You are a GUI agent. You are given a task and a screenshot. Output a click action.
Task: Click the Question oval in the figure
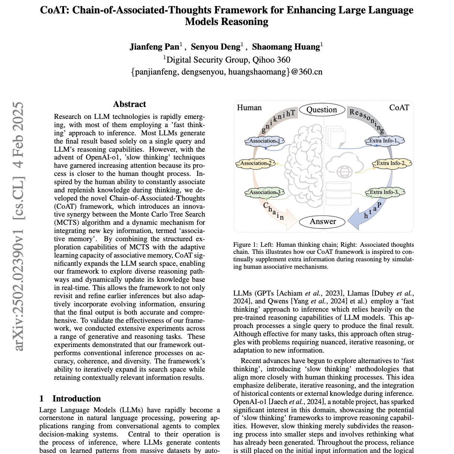tap(322, 110)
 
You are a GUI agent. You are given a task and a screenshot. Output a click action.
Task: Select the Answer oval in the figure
tap(323, 221)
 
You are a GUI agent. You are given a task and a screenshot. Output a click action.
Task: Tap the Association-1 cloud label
tap(264, 141)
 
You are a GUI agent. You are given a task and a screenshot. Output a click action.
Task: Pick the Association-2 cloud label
tap(256, 163)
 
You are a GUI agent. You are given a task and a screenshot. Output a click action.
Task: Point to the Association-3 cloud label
tap(264, 192)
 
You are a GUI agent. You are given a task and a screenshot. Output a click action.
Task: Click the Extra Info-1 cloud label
tap(383, 141)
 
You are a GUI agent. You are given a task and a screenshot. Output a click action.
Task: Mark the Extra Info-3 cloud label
tap(383, 192)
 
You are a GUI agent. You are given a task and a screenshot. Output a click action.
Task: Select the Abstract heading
tap(129, 104)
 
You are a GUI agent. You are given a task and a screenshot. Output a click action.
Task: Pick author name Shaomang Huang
tap(286, 47)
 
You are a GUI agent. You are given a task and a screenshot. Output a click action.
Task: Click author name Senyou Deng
tap(215, 47)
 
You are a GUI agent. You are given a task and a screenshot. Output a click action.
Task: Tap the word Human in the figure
tap(249, 108)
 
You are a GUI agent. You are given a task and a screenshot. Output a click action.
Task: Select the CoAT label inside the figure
tap(399, 108)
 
